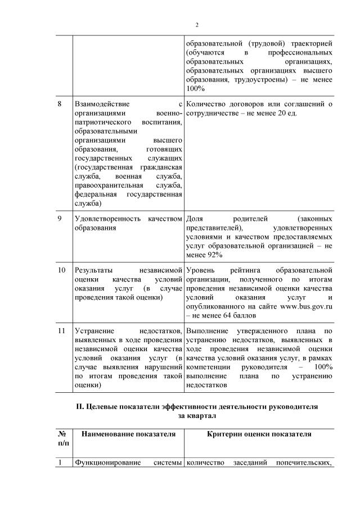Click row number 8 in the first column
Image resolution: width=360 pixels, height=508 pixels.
[x=60, y=104]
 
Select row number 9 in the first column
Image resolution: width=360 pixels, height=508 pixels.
[x=60, y=218]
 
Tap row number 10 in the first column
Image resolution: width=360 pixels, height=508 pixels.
[x=62, y=270]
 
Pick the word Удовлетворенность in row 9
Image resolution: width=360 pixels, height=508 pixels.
[x=107, y=218]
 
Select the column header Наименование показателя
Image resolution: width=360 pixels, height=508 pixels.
[x=128, y=434]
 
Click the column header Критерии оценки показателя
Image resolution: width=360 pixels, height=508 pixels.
[x=259, y=434]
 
